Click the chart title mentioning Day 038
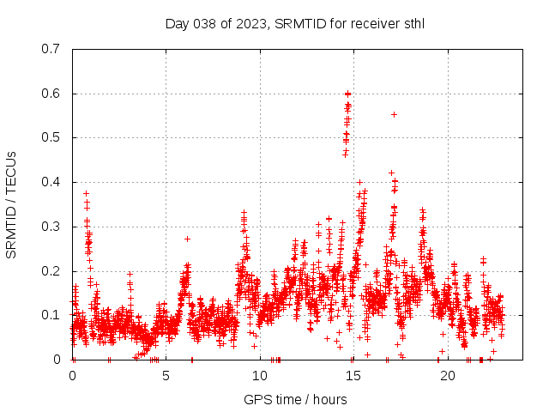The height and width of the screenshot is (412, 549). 295,23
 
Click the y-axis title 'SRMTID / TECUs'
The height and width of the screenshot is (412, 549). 11,204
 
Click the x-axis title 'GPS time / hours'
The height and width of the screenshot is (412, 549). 295,399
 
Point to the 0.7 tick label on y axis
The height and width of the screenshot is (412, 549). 51,49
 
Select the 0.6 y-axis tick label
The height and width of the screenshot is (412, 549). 51,94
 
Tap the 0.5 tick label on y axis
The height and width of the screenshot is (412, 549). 51,137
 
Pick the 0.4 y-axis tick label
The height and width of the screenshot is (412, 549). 51,182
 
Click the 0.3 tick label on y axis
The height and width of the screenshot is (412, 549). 51,227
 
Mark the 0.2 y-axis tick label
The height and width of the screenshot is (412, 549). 51,271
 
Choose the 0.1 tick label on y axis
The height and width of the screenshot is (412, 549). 51,315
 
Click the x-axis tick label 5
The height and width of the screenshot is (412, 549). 166,376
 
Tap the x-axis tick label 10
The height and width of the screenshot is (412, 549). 260,376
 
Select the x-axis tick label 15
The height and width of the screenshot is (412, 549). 353,376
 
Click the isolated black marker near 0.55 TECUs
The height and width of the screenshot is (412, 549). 394,114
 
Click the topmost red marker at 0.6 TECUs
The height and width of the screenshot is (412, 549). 347,94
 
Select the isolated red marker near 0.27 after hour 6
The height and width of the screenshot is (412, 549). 187,239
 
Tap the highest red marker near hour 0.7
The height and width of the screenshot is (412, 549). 86,193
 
